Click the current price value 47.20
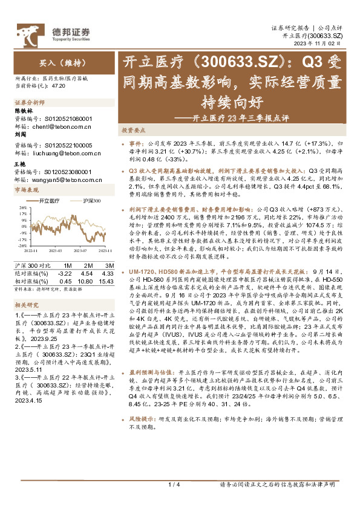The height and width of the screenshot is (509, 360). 58,86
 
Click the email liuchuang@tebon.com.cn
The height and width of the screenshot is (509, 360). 58,154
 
